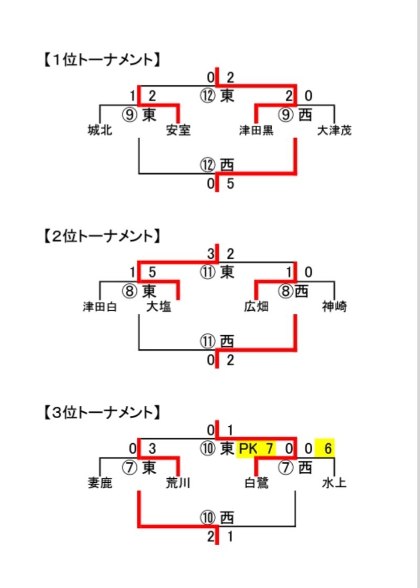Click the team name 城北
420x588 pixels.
[100, 130]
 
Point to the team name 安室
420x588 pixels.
[178, 130]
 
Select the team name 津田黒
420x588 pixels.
[256, 130]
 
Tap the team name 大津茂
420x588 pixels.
[334, 130]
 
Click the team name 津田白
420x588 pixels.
[100, 307]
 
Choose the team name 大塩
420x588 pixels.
[158, 307]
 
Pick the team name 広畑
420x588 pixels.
[256, 307]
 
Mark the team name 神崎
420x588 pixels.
[334, 307]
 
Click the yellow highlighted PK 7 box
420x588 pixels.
[256, 449]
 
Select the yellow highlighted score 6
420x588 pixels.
[325, 448]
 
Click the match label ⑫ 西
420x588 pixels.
[217, 165]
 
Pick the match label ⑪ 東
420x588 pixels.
[217, 272]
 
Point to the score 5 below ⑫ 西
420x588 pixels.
[230, 184]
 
